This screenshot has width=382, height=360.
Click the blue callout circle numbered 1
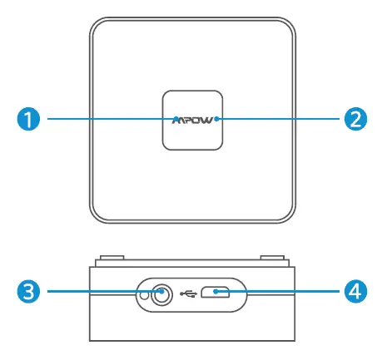(x=27, y=119)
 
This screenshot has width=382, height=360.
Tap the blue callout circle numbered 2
(x=355, y=119)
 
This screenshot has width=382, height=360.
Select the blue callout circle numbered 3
(x=27, y=292)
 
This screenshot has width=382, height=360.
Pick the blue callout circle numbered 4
(x=355, y=292)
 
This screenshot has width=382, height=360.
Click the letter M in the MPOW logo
(x=178, y=120)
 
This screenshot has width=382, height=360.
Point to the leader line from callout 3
(x=92, y=292)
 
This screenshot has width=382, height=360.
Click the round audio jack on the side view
(x=161, y=293)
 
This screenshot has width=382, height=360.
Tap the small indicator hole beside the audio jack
(x=144, y=293)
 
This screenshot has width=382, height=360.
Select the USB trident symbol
(x=187, y=293)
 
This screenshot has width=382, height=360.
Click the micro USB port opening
(x=220, y=292)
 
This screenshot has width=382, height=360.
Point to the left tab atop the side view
(x=109, y=260)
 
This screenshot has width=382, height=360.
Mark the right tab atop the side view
(x=272, y=260)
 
